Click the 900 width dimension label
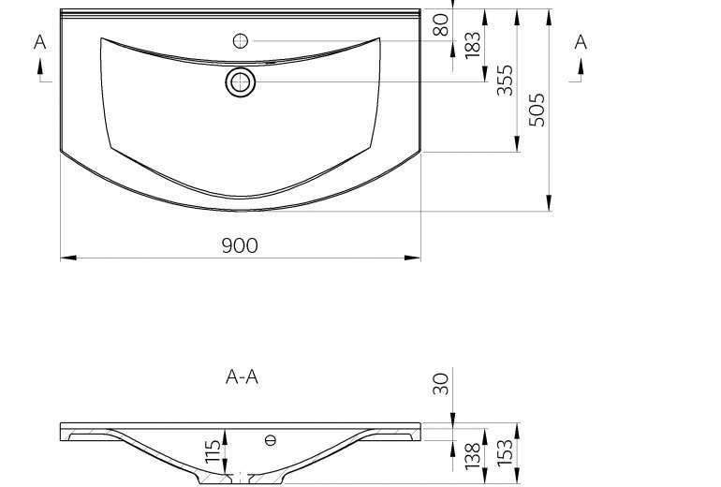(x=240, y=245)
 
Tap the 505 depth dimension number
(x=537, y=110)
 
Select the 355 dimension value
(x=505, y=80)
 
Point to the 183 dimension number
(x=472, y=45)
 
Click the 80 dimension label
(x=440, y=25)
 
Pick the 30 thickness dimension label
(x=440, y=384)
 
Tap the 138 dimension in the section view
(x=472, y=456)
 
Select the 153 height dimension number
(x=505, y=452)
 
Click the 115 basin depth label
(x=213, y=451)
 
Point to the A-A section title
(x=242, y=377)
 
